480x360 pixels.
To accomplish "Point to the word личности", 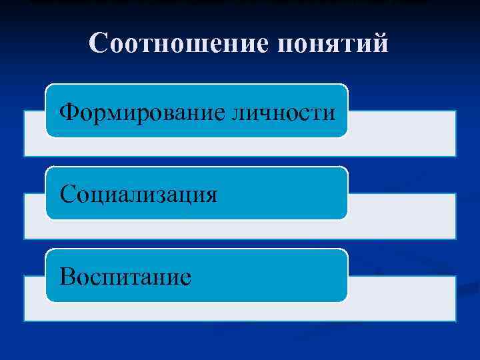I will (283, 112).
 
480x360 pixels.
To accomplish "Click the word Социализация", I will (139, 195).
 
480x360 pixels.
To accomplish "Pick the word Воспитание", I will (125, 276).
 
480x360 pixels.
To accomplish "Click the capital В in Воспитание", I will (67, 276).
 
